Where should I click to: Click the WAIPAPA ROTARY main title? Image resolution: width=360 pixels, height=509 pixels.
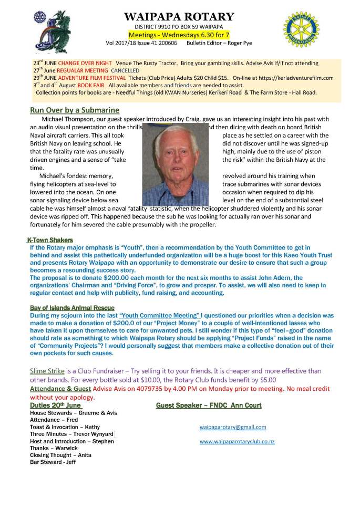tap(179, 17)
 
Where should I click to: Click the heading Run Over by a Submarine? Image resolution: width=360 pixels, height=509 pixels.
tap(75, 110)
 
